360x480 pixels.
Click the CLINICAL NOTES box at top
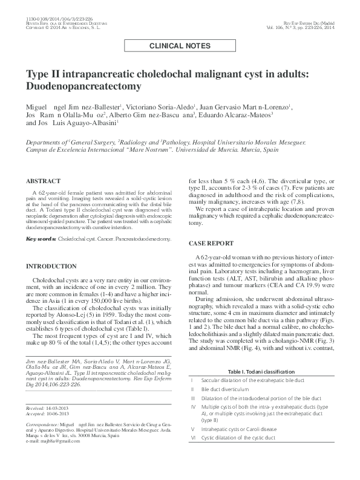(180, 46)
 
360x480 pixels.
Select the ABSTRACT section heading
(43, 181)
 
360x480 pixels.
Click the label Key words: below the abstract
(41, 239)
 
